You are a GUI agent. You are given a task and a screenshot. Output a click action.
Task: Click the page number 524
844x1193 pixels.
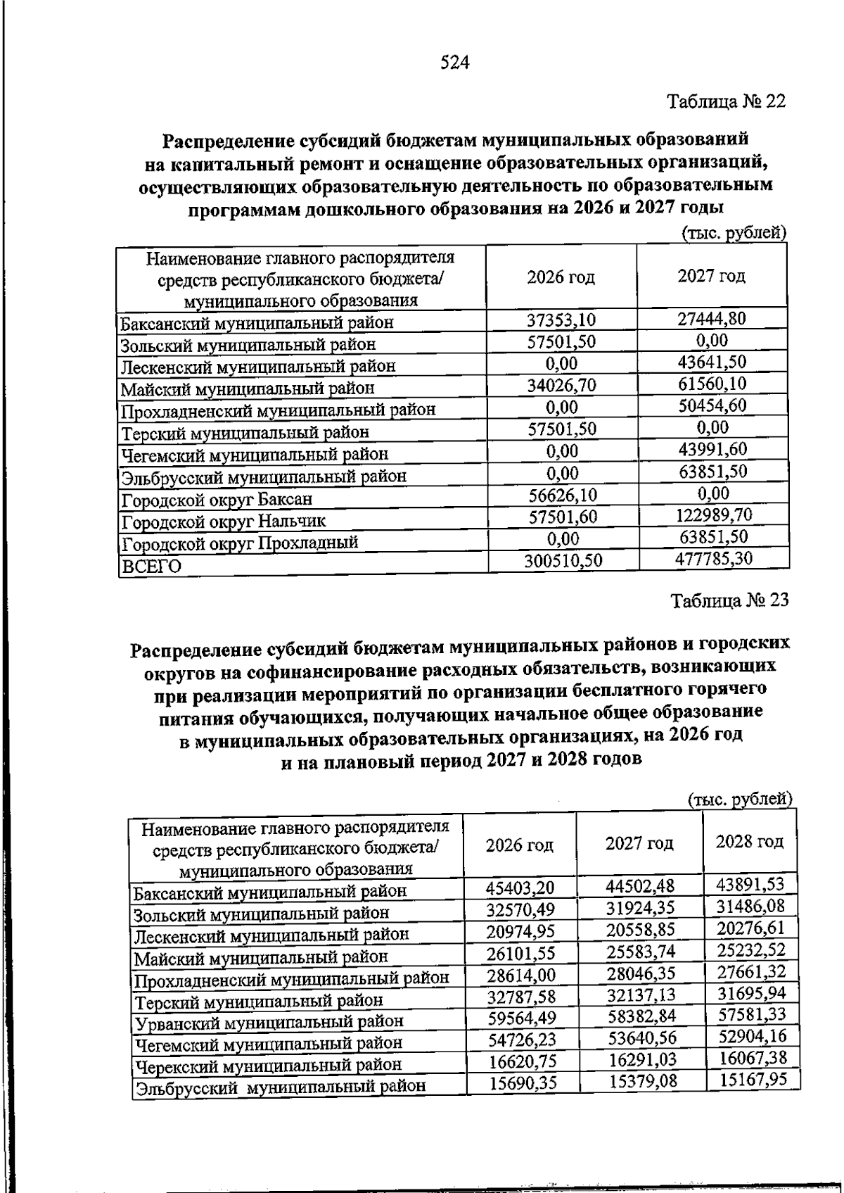tap(454, 63)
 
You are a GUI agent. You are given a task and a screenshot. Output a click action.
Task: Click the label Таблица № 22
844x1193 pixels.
tap(725, 101)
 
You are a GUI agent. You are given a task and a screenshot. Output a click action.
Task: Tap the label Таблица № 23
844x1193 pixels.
tap(729, 600)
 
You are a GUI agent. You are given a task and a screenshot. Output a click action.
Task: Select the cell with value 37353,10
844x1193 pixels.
tap(561, 320)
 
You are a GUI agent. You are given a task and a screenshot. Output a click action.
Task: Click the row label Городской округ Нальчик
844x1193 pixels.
tap(223, 522)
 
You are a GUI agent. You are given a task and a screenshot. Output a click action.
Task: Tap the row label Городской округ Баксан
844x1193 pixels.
tap(216, 500)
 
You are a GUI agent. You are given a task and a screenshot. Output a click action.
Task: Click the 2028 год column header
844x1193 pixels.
tap(750, 842)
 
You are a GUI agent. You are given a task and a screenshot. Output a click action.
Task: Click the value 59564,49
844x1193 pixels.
tap(520, 1016)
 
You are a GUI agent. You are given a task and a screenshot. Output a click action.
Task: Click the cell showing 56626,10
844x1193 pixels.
tap(563, 494)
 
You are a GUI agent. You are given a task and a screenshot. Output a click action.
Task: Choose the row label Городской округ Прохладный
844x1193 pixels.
tap(239, 543)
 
